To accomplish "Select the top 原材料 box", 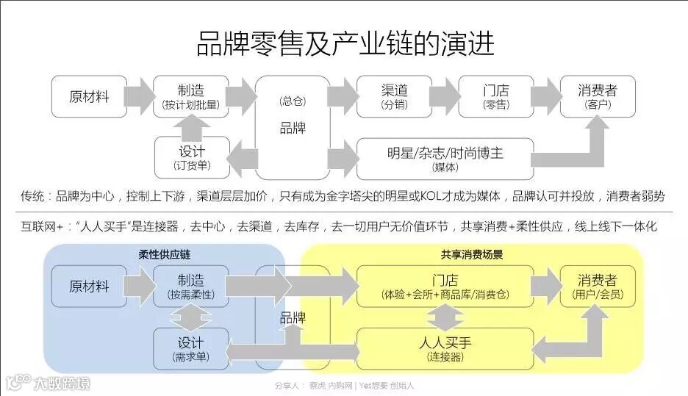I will pyautogui.click(x=89, y=96).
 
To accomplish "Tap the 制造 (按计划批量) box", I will pyautogui.click(x=190, y=96).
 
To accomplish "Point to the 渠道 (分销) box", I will pyautogui.click(x=394, y=96).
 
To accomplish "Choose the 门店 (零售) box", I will pyautogui.click(x=495, y=96).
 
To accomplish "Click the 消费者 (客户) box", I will pyautogui.click(x=597, y=96).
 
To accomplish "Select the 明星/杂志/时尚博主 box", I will pyautogui.click(x=445, y=158).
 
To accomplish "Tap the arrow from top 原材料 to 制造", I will pyautogui.click(x=137, y=96).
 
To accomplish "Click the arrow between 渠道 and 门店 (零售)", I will pyautogui.click(x=445, y=96).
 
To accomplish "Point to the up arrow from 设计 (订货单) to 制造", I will pyautogui.click(x=190, y=127).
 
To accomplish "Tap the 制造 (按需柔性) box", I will pyautogui.click(x=190, y=287).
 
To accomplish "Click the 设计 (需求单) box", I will pyautogui.click(x=190, y=348).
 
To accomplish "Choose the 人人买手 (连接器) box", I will pyautogui.click(x=445, y=348).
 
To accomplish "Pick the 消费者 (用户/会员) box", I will pyautogui.click(x=597, y=287).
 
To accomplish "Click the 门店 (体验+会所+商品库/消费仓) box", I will pyautogui.click(x=445, y=287).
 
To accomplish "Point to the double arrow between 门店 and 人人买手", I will pyautogui.click(x=445, y=317).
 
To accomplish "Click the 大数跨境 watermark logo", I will pyautogui.click(x=49, y=383).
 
